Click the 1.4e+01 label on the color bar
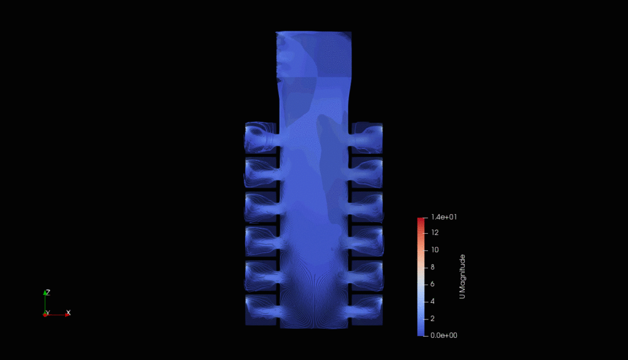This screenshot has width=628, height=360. (444, 217)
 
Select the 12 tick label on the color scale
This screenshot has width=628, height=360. (435, 232)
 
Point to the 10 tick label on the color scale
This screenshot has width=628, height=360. (435, 250)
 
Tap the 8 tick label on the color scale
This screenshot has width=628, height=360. (432, 267)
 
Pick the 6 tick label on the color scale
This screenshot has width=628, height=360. (432, 284)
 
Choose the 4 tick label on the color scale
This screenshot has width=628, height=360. (432, 301)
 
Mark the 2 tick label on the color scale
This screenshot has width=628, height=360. (432, 318)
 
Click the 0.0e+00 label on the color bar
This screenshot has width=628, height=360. (444, 335)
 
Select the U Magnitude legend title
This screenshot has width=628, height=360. (462, 277)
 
